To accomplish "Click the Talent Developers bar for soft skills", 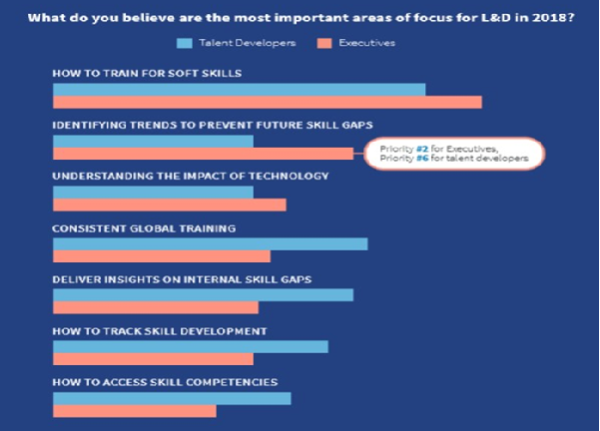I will click(239, 90).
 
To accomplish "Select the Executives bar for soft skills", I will click(267, 102).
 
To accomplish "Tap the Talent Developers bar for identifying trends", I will click(153, 141).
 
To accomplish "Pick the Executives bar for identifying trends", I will click(203, 154).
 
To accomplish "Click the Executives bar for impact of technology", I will click(169, 205).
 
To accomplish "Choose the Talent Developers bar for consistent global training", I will click(210, 243).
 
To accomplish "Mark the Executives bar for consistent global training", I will click(161, 256).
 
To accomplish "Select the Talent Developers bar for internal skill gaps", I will click(203, 295).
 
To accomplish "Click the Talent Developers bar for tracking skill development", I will click(190, 346).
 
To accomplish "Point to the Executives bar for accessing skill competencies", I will click(134, 410).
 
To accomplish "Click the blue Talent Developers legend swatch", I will click(184, 43).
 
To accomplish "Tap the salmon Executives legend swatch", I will click(323, 43).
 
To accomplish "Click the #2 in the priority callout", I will click(413, 149).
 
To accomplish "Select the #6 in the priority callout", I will click(413, 159).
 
